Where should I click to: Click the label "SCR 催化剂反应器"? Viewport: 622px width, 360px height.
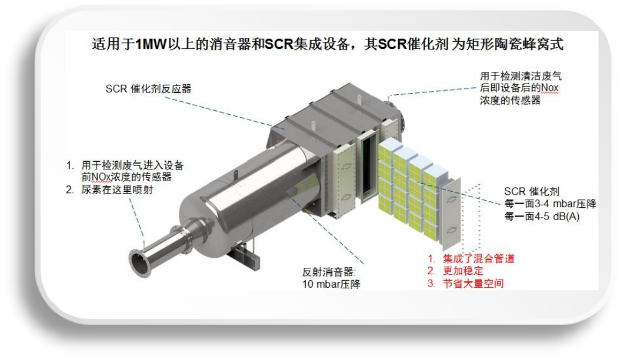(x=148, y=89)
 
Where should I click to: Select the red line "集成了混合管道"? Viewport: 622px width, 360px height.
(x=478, y=258)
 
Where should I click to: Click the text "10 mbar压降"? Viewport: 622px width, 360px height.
(x=331, y=284)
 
